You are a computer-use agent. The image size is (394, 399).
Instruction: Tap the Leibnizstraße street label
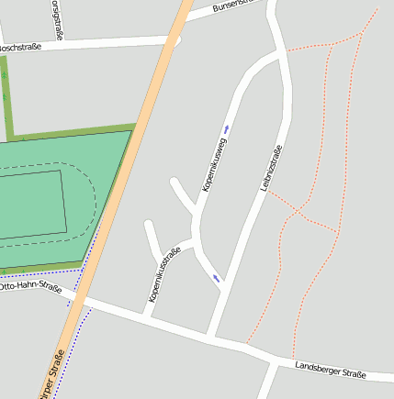[270, 168]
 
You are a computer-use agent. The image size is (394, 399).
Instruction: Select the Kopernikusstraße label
[164, 274]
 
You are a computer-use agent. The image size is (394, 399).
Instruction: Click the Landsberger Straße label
[331, 371]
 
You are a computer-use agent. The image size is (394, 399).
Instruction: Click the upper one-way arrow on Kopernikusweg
[227, 129]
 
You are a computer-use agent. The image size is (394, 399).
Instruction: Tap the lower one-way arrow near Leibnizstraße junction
[217, 277]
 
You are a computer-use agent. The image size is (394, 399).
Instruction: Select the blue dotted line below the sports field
[37, 272]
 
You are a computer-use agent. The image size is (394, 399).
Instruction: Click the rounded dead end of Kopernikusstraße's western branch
[148, 223]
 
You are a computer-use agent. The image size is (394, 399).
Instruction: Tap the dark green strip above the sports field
[73, 134]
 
